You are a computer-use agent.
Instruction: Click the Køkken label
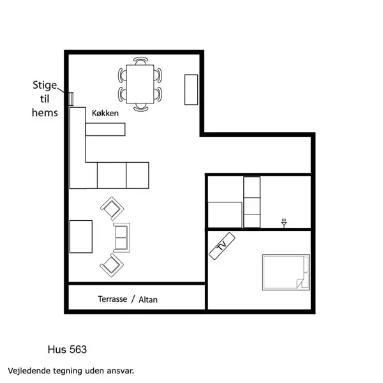pos(105,113)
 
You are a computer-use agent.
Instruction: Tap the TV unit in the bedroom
pos(222,246)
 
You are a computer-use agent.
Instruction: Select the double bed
pos(286,272)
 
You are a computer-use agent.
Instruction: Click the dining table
pos(140,84)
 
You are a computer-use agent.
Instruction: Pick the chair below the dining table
pos(140,107)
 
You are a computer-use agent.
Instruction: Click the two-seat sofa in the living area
pos(121,237)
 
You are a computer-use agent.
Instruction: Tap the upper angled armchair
pos(112,208)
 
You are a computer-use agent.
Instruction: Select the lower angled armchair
pos(112,266)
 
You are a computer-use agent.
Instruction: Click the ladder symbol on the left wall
pos(71,99)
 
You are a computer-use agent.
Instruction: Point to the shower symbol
pos(284,223)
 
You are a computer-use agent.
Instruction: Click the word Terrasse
pos(112,299)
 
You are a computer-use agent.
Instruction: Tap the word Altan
pos(148,299)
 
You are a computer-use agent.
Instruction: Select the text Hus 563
pos(67,350)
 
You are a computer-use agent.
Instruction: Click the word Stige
pos(45,86)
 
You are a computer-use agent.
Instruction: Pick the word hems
pos(45,113)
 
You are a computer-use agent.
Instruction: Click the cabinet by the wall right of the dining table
pos(191,89)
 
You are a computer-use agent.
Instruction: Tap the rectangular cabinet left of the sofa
pos(81,236)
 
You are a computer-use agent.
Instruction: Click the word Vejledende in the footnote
pos(29,371)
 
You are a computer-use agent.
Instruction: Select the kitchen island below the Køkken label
pos(105,129)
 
